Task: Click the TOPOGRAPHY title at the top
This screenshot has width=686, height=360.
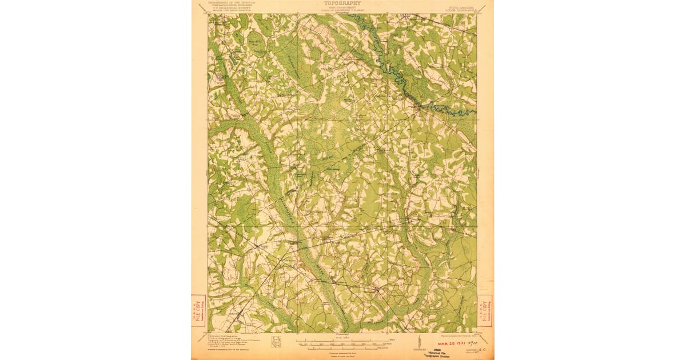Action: pos(342,2)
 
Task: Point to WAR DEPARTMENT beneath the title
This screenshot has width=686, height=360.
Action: pos(342,7)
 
